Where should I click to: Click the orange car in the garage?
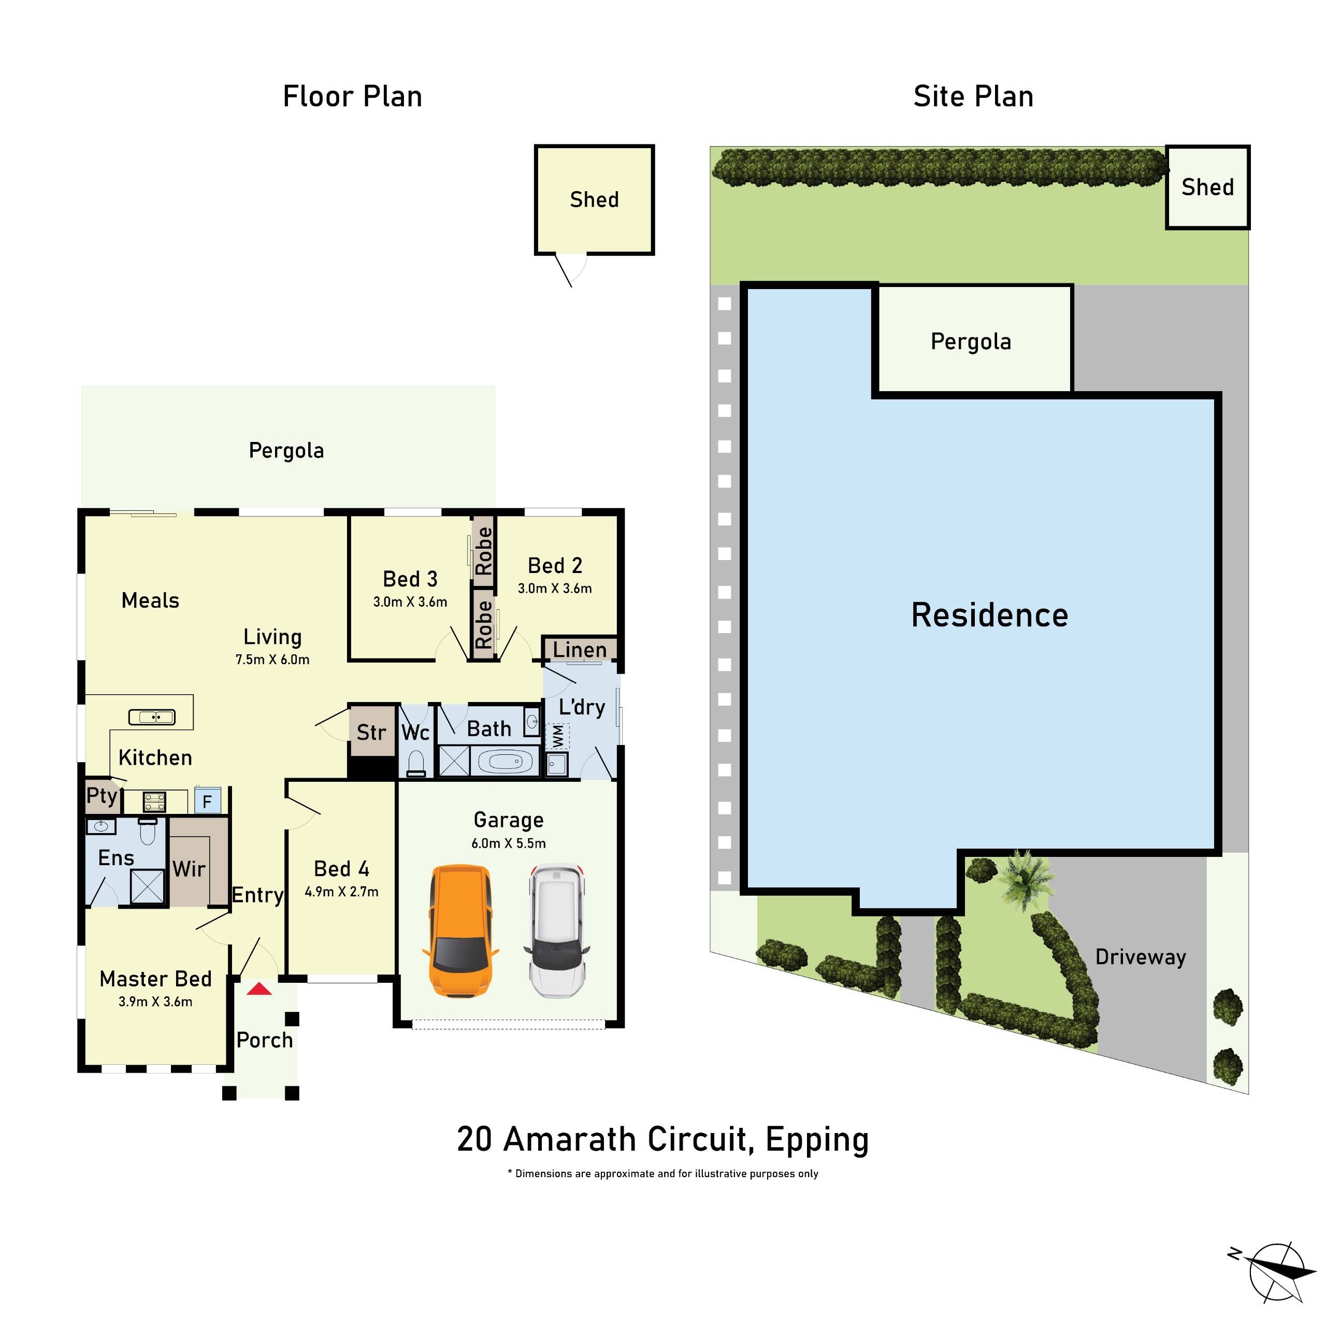coord(460,930)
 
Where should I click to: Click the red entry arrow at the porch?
coord(260,989)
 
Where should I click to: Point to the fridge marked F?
coord(207,801)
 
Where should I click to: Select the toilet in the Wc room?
coord(416,763)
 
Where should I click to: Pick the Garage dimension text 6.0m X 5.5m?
coord(509,843)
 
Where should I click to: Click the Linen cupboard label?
coord(580,649)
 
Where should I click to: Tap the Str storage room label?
coord(371,733)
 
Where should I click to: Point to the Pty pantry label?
coord(102,796)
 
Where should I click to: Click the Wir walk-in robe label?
coord(189,869)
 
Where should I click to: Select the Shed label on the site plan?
coord(1207,187)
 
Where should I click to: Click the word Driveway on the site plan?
coord(1140,957)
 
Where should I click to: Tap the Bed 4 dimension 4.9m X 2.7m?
coord(341,892)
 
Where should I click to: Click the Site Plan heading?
coord(973,97)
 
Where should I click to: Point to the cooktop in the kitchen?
coord(154,800)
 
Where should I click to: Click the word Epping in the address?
coord(817,1140)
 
